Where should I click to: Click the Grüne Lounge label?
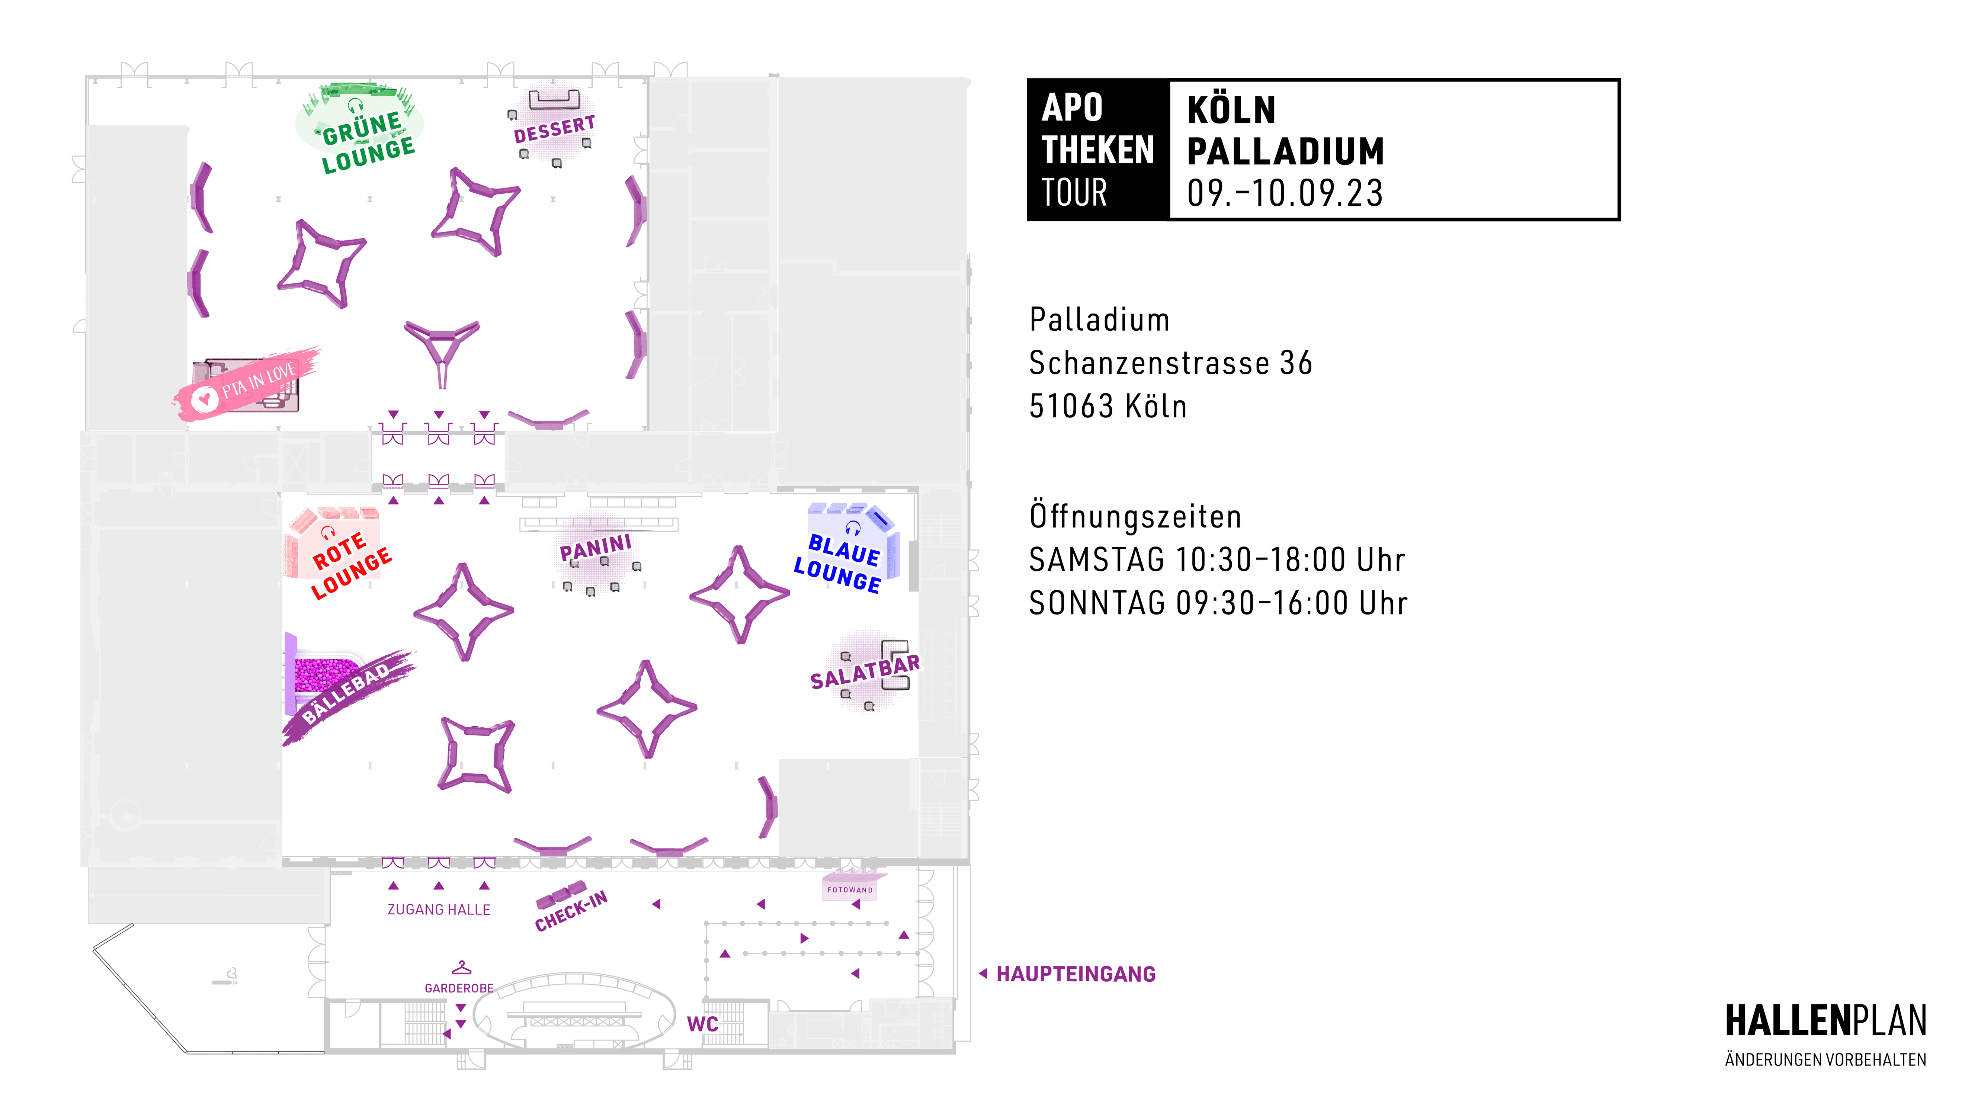(x=368, y=143)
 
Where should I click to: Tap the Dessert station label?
(x=555, y=129)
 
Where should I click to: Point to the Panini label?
(x=595, y=548)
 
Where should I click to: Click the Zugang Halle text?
(x=438, y=910)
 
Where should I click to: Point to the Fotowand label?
(x=850, y=889)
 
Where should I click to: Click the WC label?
(x=702, y=1024)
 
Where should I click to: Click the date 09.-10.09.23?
(x=1285, y=193)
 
